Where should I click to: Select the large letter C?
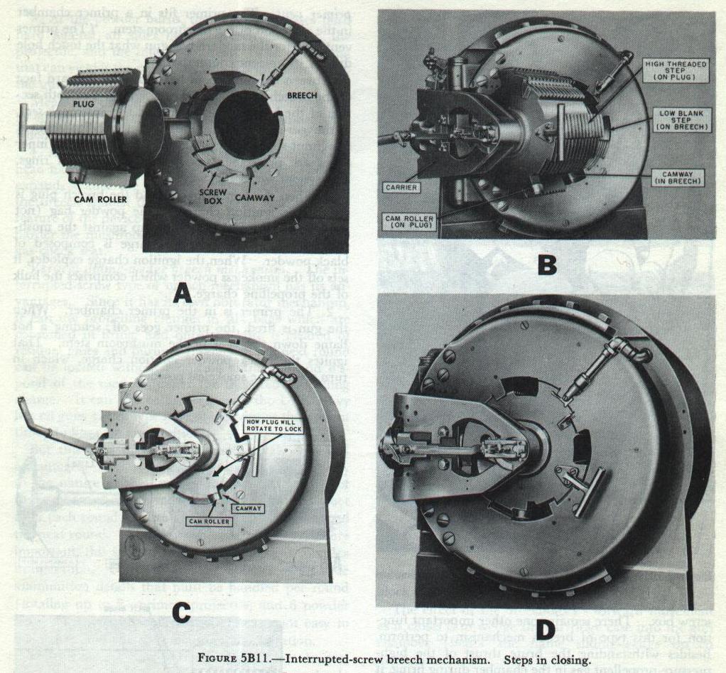coord(183,613)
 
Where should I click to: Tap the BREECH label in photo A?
coord(301,95)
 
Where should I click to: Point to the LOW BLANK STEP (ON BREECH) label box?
coord(677,119)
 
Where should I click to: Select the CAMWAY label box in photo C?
coord(249,508)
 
